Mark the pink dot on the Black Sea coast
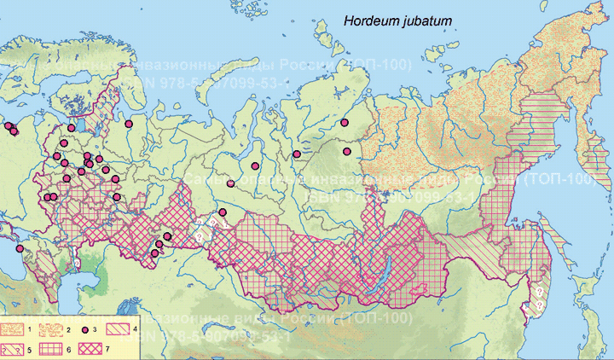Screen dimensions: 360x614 20,248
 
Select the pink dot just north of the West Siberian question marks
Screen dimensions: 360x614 222,212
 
